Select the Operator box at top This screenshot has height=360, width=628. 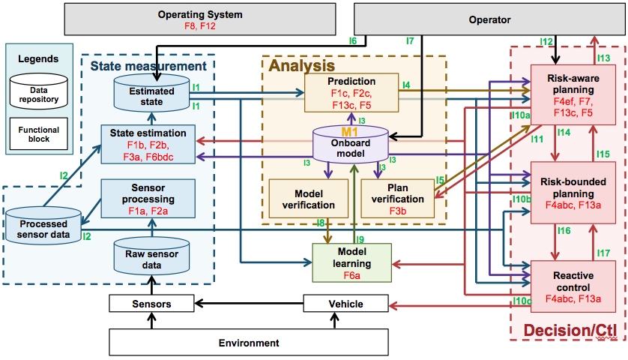click(x=489, y=20)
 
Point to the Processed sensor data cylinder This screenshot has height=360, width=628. click(x=43, y=226)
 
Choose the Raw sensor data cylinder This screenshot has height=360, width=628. click(x=152, y=256)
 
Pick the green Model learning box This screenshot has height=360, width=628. click(x=351, y=259)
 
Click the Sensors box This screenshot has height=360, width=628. click(x=152, y=304)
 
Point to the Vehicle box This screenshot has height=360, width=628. click(x=345, y=304)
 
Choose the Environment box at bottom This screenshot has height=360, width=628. click(x=249, y=343)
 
